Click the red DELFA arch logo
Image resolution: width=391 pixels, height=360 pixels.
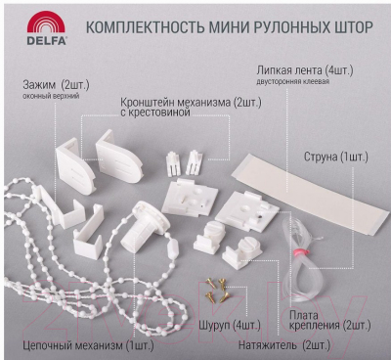47,22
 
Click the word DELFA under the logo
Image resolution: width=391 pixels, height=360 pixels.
47,40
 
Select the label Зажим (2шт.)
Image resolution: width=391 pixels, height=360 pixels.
56,85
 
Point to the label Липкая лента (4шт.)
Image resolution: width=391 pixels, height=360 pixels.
305,70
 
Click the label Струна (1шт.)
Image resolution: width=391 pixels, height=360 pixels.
335,157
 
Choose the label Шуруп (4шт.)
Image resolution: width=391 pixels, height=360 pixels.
230,326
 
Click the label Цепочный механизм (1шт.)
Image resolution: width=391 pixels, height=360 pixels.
88,345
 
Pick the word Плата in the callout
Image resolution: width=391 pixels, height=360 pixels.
304,316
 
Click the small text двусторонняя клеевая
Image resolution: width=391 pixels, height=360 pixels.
292,82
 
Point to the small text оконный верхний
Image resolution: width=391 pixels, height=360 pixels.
51,97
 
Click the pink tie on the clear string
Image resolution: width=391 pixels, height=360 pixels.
297,251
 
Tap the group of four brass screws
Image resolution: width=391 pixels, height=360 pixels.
217,291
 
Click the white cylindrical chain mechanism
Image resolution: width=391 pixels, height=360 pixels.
144,226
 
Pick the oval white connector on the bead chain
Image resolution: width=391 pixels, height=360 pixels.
172,249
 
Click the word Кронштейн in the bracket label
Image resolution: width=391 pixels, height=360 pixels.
148,103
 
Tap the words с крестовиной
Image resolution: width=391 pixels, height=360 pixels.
155,112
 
